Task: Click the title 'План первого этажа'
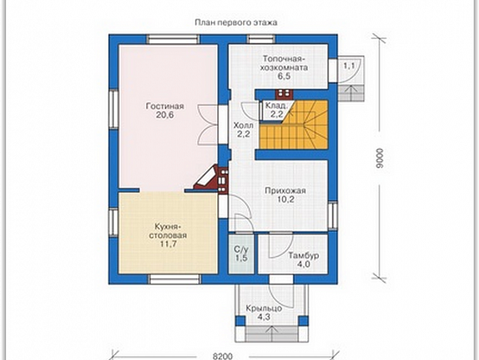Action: [236, 23]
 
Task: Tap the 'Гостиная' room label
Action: [165, 106]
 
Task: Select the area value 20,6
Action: [165, 115]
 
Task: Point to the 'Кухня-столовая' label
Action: [168, 231]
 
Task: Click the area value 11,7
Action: [168, 244]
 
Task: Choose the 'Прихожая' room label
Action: [285, 191]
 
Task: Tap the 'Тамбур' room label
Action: [304, 255]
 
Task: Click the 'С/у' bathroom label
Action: [241, 250]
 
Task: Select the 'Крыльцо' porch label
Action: [264, 309]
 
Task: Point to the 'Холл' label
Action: [243, 126]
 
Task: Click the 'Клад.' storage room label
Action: [277, 106]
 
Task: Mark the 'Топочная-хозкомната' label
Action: [284, 63]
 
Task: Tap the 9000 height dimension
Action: [379, 158]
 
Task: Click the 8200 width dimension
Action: [222, 356]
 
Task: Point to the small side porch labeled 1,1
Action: [351, 79]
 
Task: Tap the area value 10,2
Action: [285, 200]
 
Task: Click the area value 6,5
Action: [284, 76]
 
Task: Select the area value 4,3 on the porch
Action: [264, 317]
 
